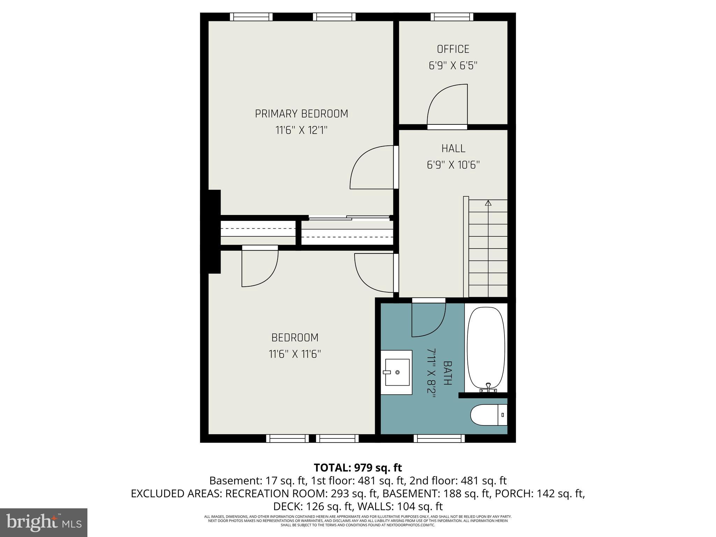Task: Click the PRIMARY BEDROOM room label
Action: click(301, 114)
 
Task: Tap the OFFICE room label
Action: click(453, 49)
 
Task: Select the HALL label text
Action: click(453, 149)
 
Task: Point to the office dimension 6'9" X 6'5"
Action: click(453, 66)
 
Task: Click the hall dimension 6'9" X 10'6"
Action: click(453, 165)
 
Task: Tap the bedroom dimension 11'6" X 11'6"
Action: click(295, 354)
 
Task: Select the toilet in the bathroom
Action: click(488, 415)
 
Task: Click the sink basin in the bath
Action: click(397, 372)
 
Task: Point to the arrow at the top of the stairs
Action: click(488, 203)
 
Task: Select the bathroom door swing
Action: click(428, 319)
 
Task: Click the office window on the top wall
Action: click(452, 17)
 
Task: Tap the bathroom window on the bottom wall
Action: click(439, 438)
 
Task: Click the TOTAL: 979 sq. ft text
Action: click(358, 467)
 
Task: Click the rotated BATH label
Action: click(447, 373)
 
